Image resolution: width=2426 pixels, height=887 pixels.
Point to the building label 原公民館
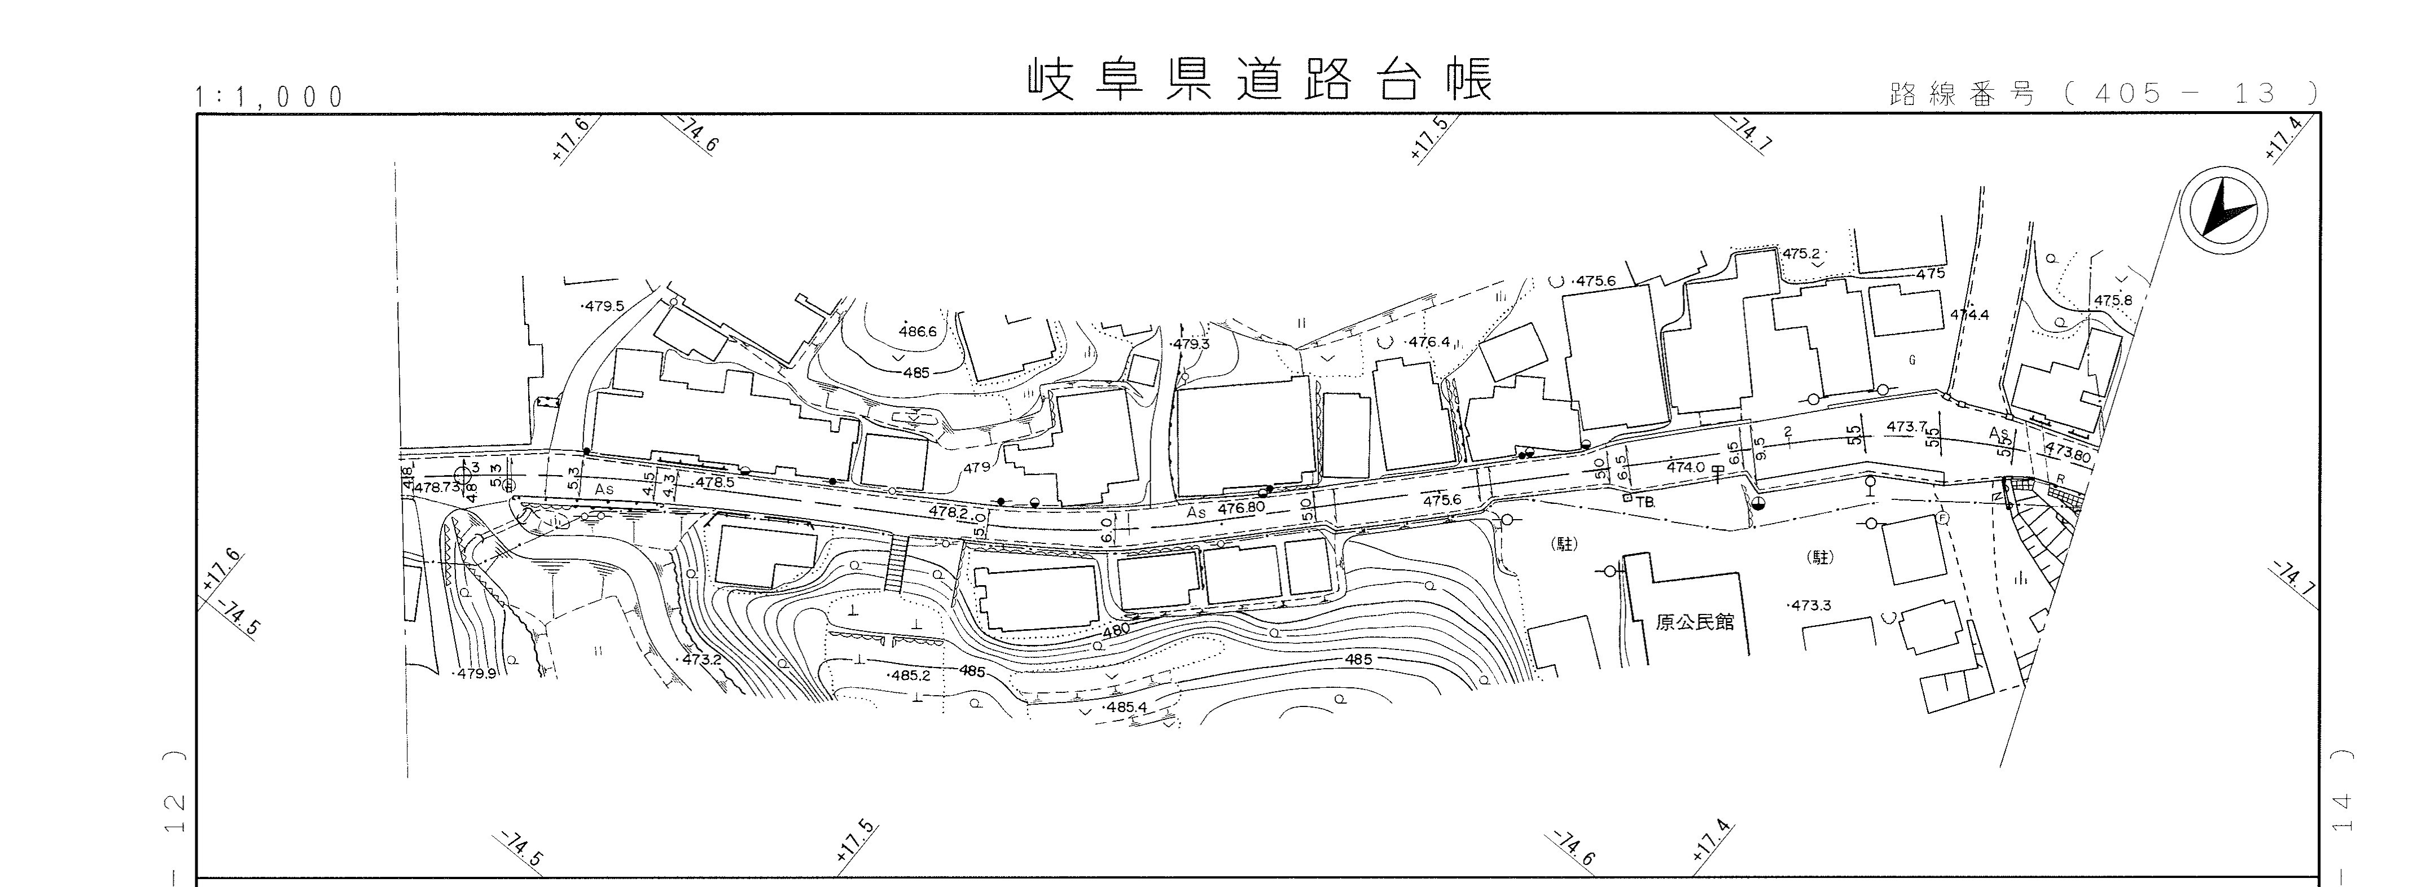click(x=1694, y=622)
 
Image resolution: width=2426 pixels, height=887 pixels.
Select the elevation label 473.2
click(x=701, y=659)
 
